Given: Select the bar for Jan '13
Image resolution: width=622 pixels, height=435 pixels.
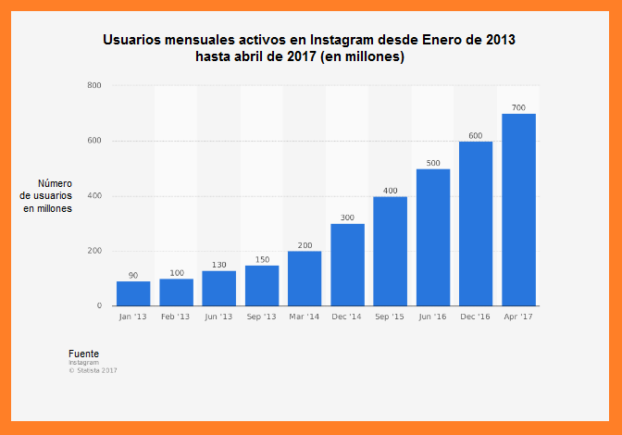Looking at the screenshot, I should click(133, 293).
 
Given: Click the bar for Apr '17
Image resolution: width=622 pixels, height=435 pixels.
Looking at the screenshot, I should click(518, 210).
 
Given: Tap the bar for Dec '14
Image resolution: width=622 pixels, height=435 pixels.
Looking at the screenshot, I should click(347, 265).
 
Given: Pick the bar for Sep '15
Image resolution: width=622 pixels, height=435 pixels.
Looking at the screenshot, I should click(390, 251).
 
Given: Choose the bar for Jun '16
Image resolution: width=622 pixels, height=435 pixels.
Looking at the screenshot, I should click(433, 237).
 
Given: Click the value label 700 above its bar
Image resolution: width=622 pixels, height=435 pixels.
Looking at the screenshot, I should click(518, 108).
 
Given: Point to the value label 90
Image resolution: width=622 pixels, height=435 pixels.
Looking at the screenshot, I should click(133, 276).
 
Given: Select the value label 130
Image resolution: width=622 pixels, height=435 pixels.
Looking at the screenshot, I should click(218, 265).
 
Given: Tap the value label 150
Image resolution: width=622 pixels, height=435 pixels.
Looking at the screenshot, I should click(262, 259).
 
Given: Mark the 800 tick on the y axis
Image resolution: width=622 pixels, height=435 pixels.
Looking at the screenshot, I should click(94, 86).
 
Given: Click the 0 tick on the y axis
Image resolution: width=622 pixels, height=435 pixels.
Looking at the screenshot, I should click(99, 306).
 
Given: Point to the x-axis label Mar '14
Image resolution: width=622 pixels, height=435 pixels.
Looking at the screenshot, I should click(305, 317).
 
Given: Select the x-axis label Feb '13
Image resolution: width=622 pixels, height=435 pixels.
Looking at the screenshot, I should click(176, 317).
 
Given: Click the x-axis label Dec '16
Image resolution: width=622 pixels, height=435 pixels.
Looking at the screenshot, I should click(476, 317).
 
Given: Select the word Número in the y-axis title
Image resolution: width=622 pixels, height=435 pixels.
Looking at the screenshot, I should click(55, 183).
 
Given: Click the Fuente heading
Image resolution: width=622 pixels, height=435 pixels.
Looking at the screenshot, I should click(83, 354).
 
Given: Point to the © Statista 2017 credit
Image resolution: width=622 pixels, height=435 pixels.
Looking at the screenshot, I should click(93, 370).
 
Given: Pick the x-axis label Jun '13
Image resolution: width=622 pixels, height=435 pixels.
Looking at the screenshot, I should click(218, 317).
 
